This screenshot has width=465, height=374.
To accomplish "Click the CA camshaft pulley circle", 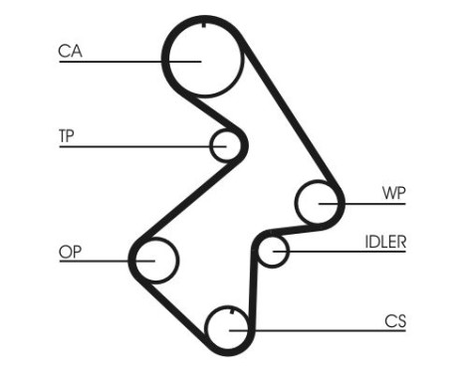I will tap(202, 59).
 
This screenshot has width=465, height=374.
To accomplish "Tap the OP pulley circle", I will tap(154, 261).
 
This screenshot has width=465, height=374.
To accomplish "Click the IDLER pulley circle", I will tap(273, 252).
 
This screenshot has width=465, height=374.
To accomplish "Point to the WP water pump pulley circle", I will tap(320, 202).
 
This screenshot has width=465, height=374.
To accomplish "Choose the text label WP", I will tap(394, 193).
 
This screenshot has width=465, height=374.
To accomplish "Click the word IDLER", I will tap(384, 241).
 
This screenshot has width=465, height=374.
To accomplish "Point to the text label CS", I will tap(395, 320).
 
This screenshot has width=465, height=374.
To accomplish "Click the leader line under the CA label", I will tap(110, 62).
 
